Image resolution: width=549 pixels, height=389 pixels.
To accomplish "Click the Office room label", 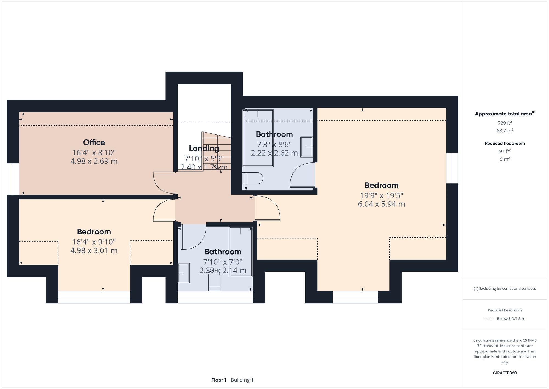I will (x=94, y=142).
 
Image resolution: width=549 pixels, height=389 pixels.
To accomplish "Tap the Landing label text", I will (x=204, y=148).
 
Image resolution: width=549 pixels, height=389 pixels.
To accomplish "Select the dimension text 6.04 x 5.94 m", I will (x=381, y=204).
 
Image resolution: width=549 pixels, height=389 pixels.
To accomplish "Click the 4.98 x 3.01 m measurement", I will (x=94, y=250).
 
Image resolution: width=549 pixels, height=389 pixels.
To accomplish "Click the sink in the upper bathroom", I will (x=306, y=147).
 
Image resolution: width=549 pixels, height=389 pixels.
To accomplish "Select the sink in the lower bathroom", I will (x=184, y=273).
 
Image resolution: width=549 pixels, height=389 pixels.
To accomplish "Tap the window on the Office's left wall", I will (x=13, y=179).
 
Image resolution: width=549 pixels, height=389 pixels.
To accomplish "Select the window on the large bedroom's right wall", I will (x=452, y=168).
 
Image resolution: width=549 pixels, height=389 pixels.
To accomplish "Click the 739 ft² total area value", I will (x=505, y=123).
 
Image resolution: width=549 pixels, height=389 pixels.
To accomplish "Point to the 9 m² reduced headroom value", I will (x=505, y=159).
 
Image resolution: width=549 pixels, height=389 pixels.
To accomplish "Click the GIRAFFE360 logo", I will (x=505, y=373).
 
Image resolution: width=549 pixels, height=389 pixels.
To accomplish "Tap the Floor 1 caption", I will (x=219, y=380).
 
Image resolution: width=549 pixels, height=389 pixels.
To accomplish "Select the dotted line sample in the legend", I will (x=489, y=319).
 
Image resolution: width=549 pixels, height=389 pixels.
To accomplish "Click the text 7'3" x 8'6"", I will (x=274, y=144).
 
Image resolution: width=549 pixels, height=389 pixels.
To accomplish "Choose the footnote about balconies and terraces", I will (x=505, y=289).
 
